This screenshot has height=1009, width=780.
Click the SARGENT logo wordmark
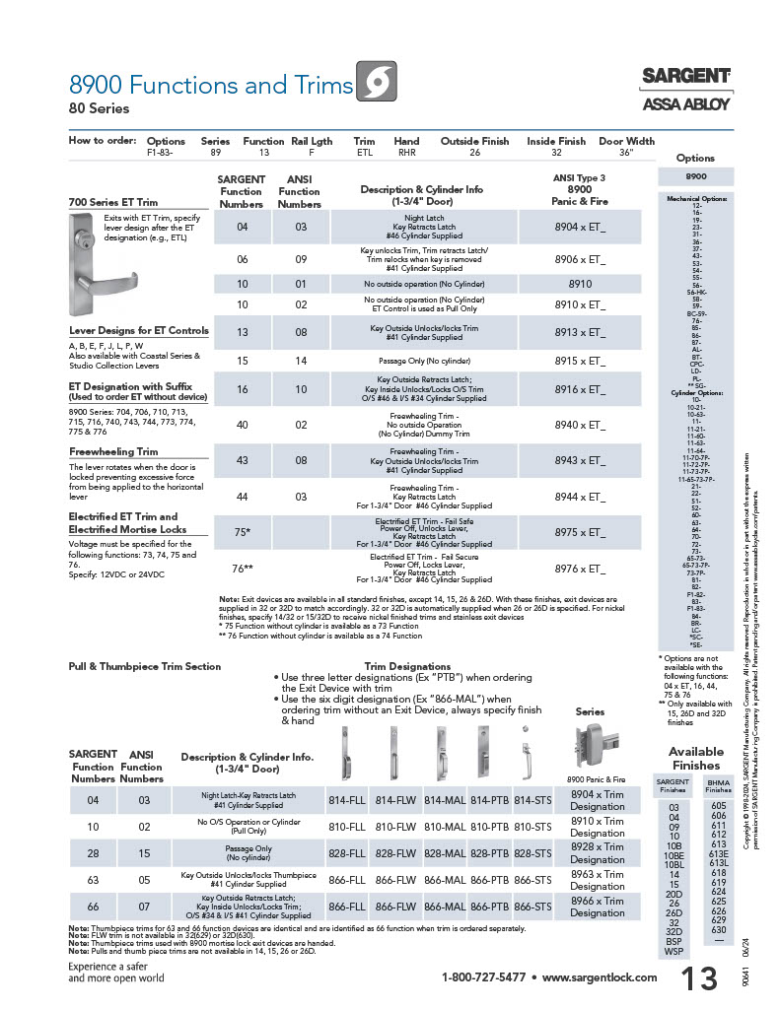coord(686,76)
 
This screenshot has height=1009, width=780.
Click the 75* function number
coord(241,531)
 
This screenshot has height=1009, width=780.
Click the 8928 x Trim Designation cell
coord(597,852)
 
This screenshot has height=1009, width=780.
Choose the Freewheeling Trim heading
coord(113,451)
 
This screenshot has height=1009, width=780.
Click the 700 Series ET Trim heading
coord(113,202)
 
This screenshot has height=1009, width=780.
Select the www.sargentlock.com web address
coord(600,977)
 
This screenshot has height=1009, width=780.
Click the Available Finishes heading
coord(695,759)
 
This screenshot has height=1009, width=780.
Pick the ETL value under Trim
coord(364,154)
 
